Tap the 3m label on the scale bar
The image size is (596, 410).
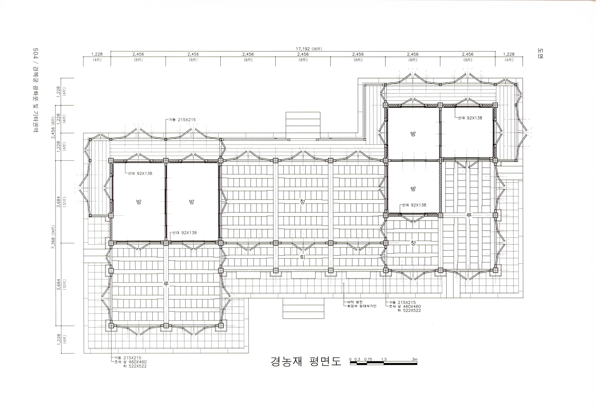pos(414,359)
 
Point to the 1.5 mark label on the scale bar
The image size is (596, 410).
pos(384,359)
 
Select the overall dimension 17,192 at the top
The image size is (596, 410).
pos(303,49)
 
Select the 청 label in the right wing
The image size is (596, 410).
pos(413,243)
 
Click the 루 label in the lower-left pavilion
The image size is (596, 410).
pos(166,284)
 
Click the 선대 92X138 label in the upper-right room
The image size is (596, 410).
pos(470,118)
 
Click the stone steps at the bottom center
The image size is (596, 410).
pos(303,308)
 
